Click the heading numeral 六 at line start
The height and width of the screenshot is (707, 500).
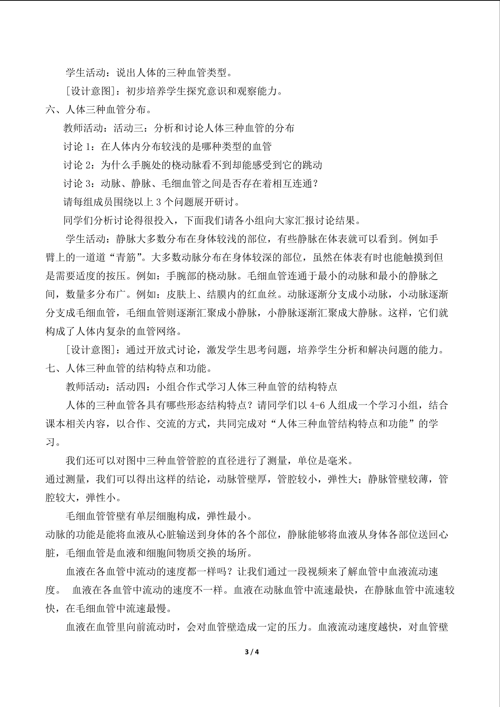tap(50, 110)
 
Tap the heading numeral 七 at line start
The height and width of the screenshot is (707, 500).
tap(50, 368)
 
